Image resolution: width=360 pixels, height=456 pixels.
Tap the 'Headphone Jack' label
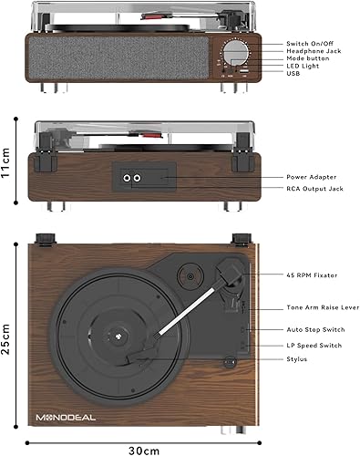pos(312,51)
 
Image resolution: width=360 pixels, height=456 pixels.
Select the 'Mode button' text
pos(306,58)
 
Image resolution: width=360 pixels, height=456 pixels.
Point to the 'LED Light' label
pos(302,67)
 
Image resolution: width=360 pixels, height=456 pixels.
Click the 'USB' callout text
pos(293,75)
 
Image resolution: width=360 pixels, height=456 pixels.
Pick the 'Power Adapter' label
pos(312,177)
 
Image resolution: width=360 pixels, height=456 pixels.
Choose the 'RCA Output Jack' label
pos(314,188)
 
